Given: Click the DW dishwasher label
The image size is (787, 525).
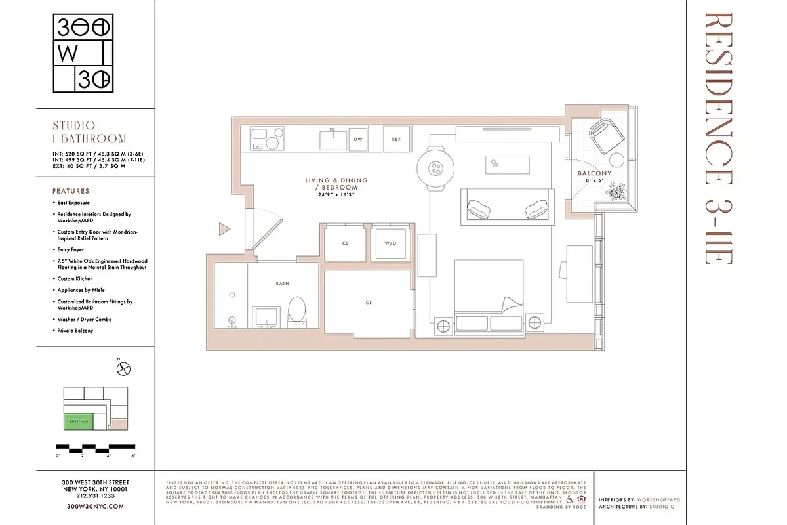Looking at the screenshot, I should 358,139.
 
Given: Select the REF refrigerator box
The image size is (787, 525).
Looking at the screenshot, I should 396,139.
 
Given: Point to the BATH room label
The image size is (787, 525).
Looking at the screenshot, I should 283,283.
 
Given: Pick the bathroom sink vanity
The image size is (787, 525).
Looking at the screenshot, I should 266,316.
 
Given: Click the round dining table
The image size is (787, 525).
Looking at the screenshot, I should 435,169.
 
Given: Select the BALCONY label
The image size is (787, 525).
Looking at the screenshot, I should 594,173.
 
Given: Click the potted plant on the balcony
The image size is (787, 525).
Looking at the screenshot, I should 616,191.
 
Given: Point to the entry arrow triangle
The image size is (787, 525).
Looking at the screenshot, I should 224,229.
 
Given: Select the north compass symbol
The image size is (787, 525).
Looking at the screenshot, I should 123,369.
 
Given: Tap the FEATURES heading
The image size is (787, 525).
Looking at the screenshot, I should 71,191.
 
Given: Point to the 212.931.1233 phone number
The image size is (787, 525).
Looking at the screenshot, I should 96,497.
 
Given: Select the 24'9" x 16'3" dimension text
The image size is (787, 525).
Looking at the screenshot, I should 336,194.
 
